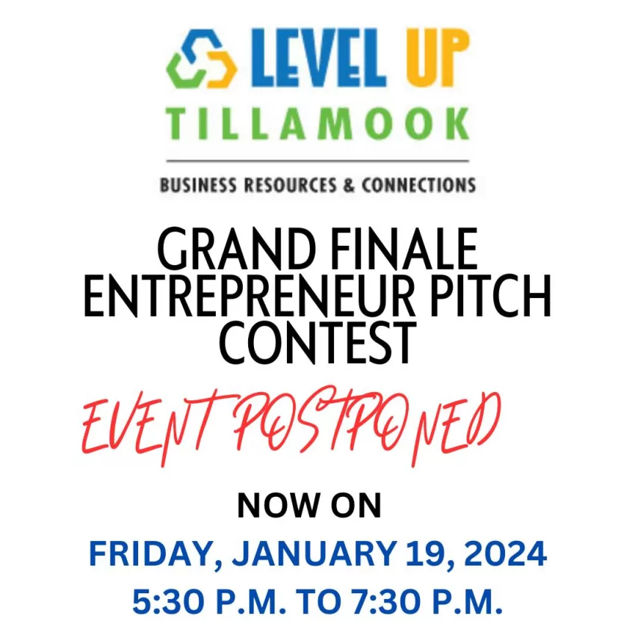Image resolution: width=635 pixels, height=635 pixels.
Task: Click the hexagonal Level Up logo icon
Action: (201, 59)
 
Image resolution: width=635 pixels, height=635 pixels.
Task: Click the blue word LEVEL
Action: (319, 58)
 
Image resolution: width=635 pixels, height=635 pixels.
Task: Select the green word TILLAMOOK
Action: (317, 124)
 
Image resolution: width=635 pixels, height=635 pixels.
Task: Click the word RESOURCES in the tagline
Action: (290, 185)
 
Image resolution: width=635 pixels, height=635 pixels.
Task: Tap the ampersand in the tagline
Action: (349, 185)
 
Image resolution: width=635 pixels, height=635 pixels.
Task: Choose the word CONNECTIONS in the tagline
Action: (419, 185)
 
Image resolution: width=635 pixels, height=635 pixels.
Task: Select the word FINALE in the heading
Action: (405, 249)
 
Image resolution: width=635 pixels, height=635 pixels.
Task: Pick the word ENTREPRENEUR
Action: (250, 296)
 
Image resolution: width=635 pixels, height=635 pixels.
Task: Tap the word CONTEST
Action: (318, 343)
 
